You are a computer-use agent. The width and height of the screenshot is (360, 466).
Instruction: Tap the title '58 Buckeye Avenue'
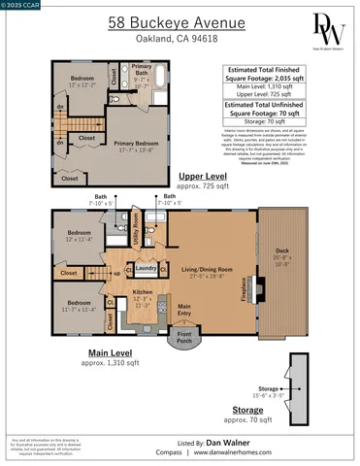coord(155,20)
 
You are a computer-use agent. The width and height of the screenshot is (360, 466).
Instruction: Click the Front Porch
coord(181,337)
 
